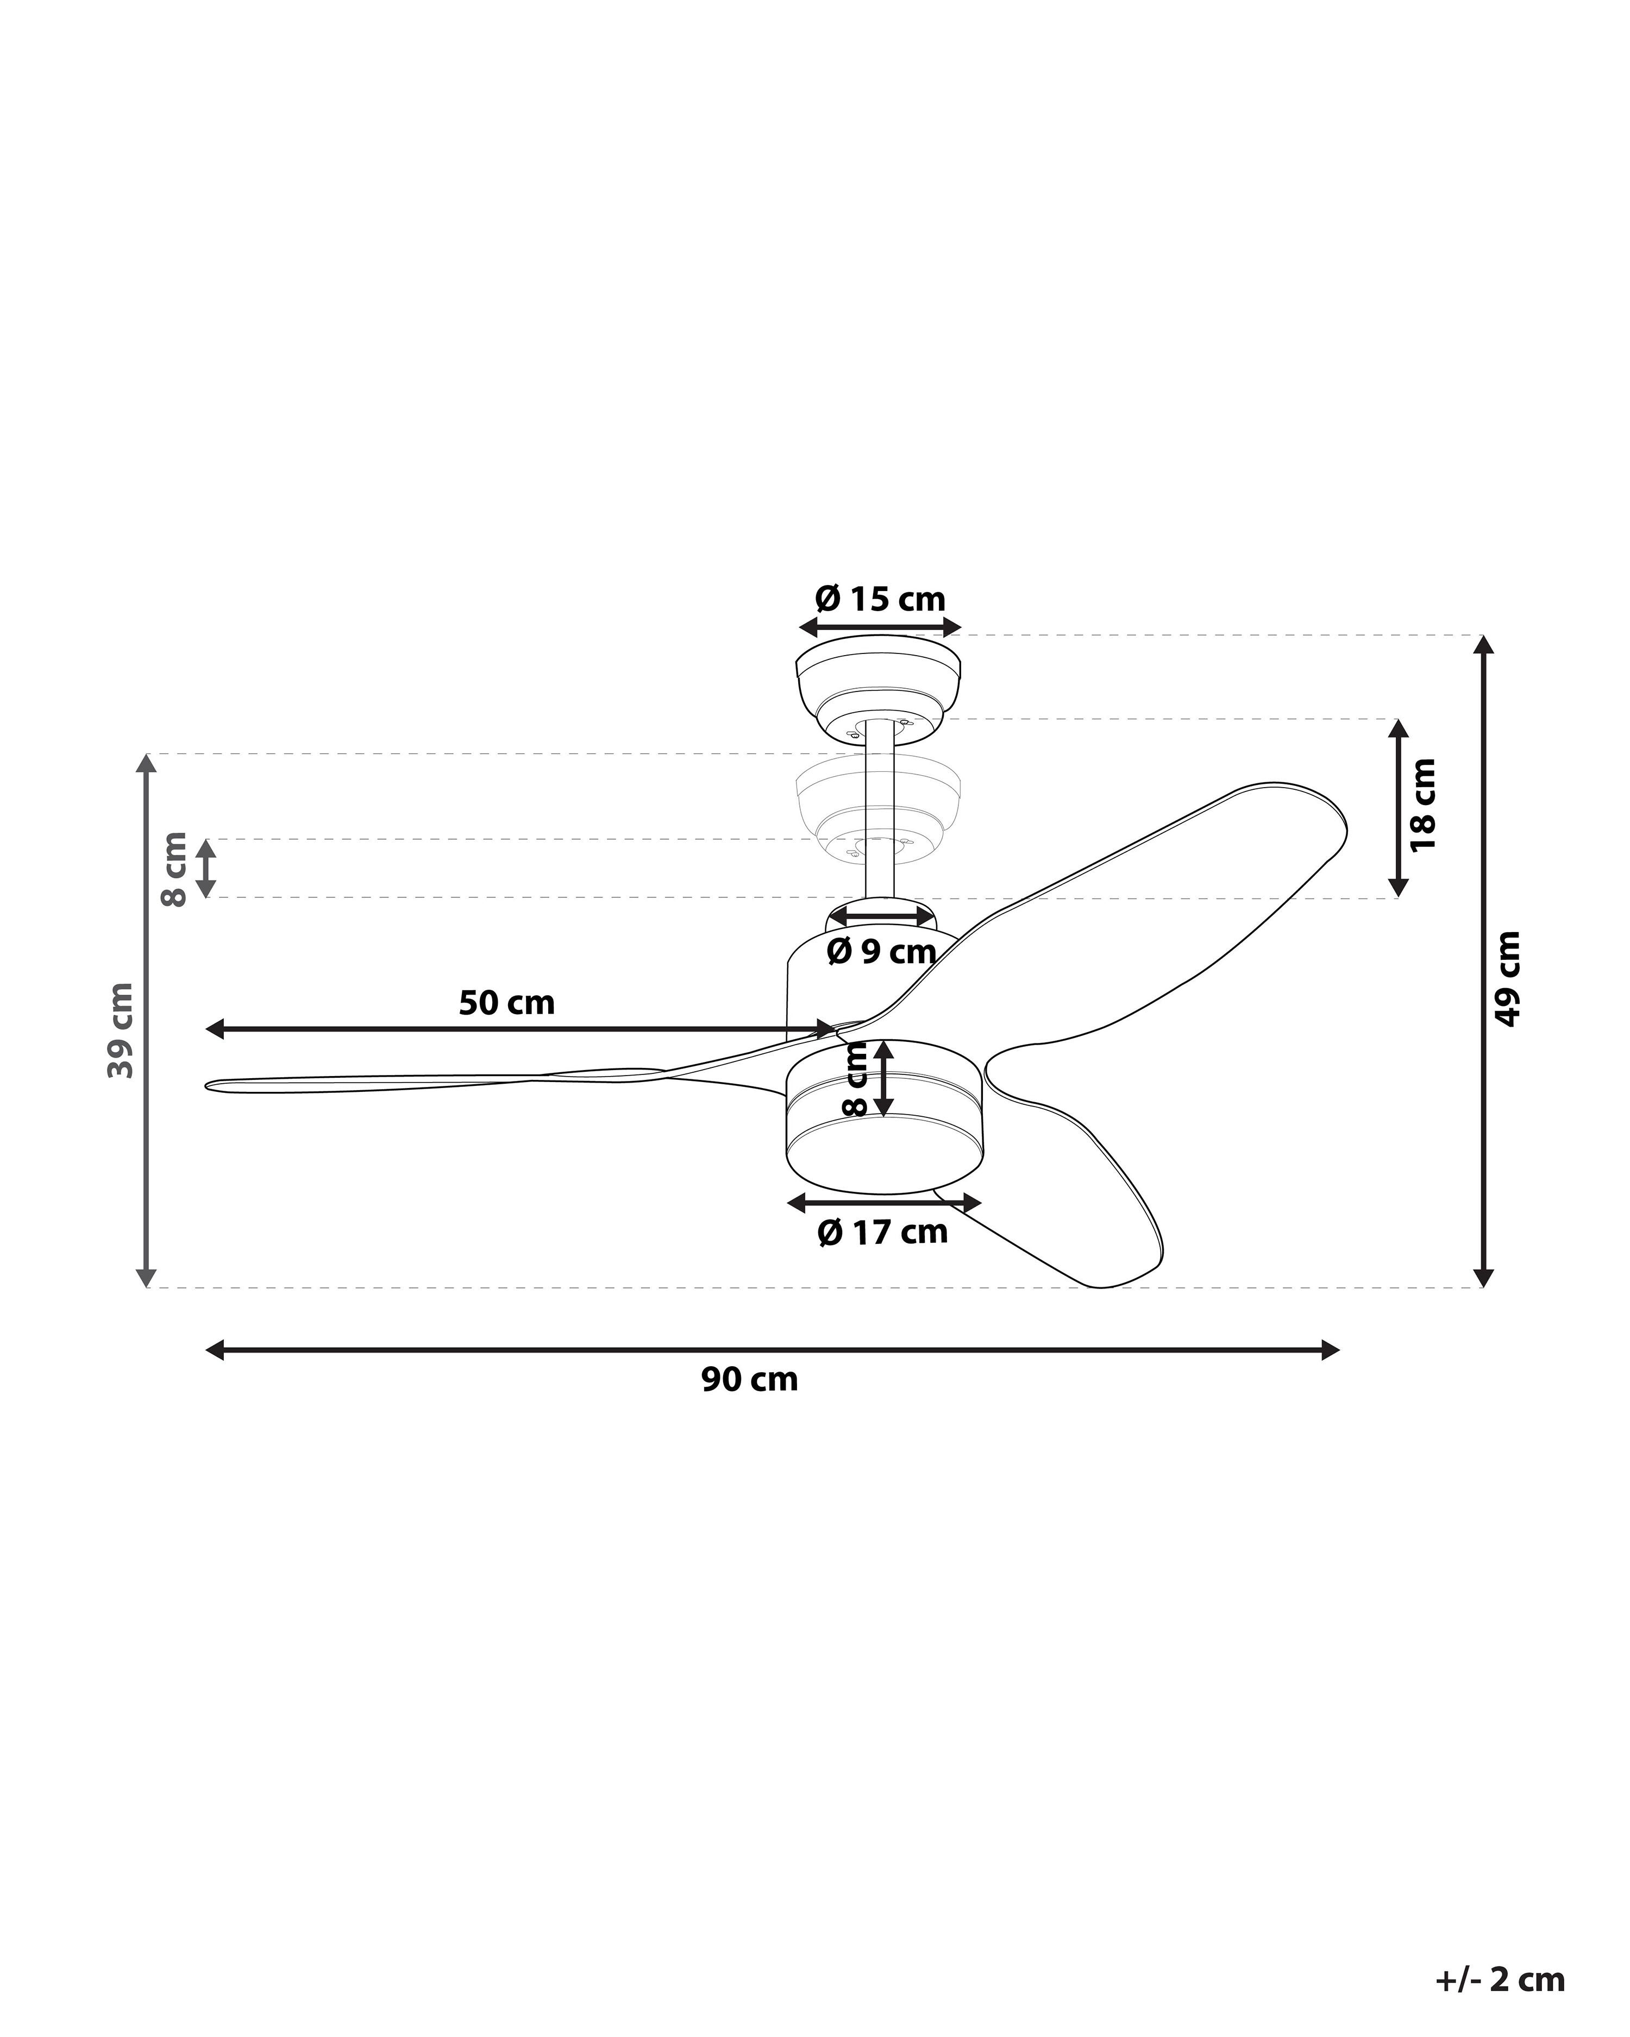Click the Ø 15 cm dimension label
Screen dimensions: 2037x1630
(x=880, y=599)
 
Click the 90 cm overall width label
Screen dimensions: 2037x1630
(x=749, y=1379)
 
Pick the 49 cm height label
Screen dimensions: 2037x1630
(x=1508, y=978)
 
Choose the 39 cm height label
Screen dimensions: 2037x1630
(x=122, y=1030)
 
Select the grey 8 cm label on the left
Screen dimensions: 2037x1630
(x=175, y=869)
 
